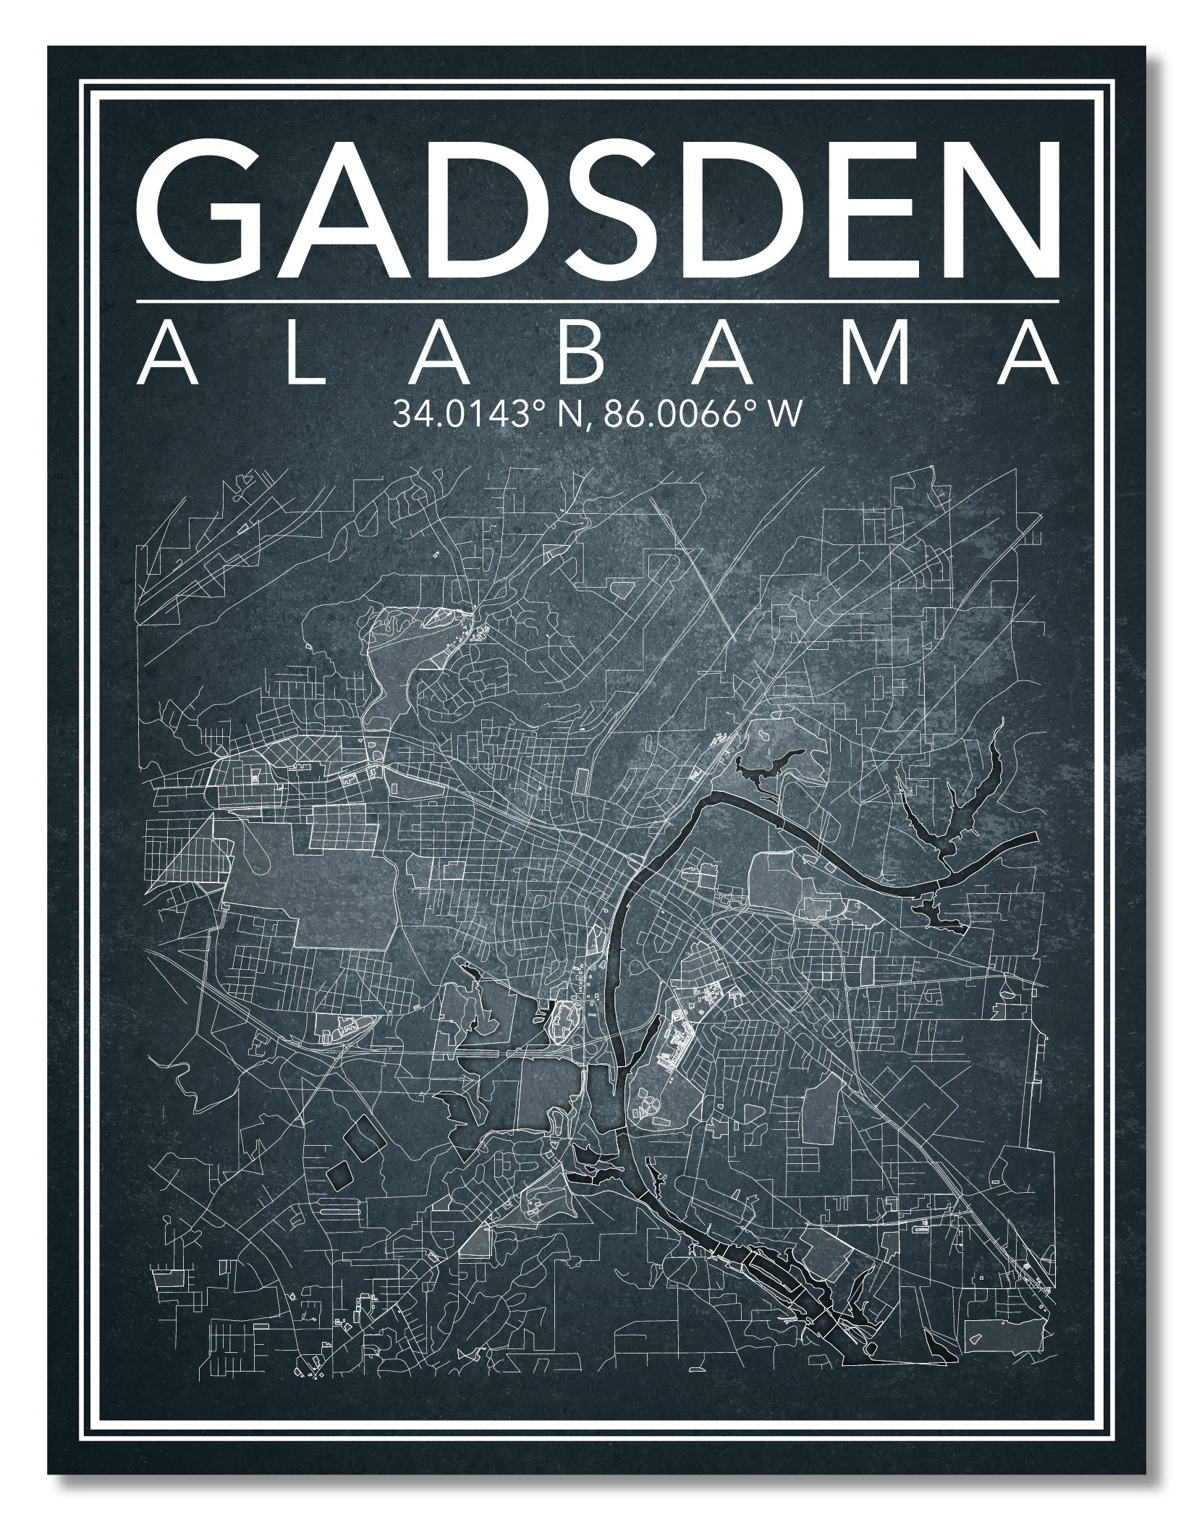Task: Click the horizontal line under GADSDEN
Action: tap(597, 300)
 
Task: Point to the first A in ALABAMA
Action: tap(166, 355)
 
